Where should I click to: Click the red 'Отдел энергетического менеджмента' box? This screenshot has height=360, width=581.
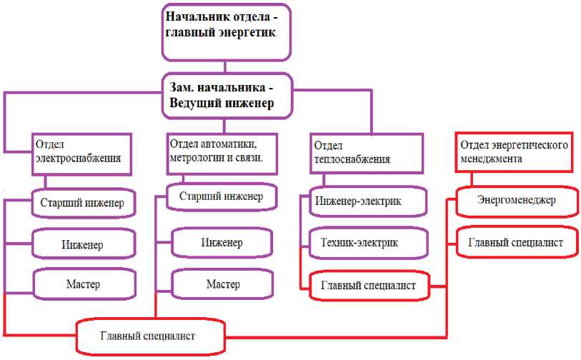click(x=514, y=151)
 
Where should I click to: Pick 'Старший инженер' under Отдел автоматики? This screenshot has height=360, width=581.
click(x=222, y=197)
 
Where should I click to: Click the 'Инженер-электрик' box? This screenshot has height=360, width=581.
click(x=368, y=201)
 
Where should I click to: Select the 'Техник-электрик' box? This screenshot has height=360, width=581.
click(x=368, y=243)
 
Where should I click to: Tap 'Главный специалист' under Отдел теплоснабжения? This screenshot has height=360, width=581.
click(x=368, y=286)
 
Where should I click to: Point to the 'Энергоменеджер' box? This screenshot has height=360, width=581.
click(x=516, y=201)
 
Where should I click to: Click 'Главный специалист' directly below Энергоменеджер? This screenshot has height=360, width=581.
click(x=516, y=243)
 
